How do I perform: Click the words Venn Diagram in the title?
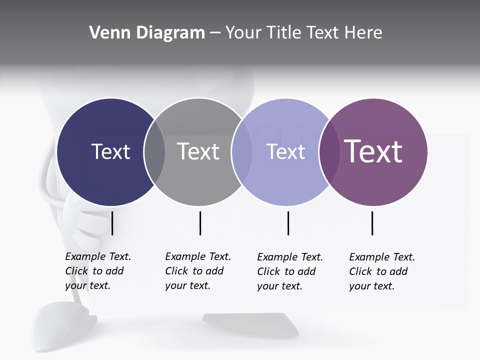pyautogui.click(x=147, y=33)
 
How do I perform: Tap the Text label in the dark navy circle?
pyautogui.click(x=110, y=151)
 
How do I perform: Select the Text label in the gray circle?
pyautogui.click(x=198, y=151)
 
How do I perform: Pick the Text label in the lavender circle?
pyautogui.click(x=285, y=151)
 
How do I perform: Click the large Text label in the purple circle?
pyautogui.click(x=373, y=151)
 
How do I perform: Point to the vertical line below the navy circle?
pyautogui.click(x=112, y=223)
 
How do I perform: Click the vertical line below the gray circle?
pyautogui.click(x=200, y=223)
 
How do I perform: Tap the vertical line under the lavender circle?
pyautogui.click(x=288, y=223)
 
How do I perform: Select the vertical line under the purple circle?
pyautogui.click(x=372, y=223)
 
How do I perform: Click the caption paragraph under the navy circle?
pyautogui.click(x=98, y=271)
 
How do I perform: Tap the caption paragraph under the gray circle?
pyautogui.click(x=198, y=271)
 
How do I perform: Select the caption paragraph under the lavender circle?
pyautogui.click(x=290, y=271)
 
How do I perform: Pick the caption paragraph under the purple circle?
pyautogui.click(x=382, y=271)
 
